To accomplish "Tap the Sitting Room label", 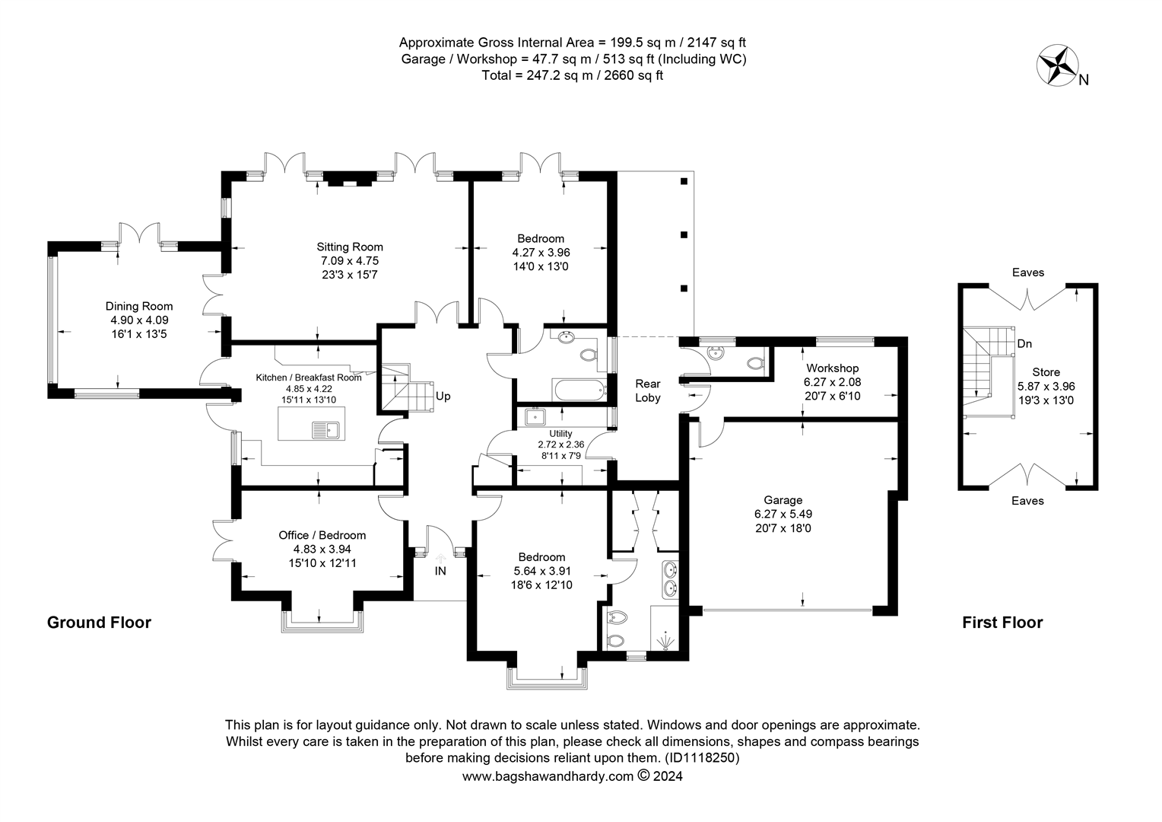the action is coord(350,247).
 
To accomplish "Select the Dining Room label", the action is coord(139,307).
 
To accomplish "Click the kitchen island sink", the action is coord(325,431).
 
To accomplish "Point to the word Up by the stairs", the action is coord(443,397).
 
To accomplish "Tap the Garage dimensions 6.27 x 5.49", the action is coord(783,514).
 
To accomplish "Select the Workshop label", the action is coord(833,368).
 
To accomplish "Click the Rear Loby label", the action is coord(648,390).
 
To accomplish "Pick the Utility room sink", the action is coord(535,417).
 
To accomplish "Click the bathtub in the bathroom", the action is coord(579,389).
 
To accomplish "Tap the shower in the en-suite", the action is coord(664,627).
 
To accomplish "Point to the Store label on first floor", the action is coord(1046,371).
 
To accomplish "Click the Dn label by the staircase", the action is coord(1024,344).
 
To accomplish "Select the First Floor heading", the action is coord(1002,623).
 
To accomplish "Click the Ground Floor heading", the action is coord(99,623).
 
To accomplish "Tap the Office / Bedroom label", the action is coord(322,535).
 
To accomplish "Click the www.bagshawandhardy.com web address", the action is coord(548,776).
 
